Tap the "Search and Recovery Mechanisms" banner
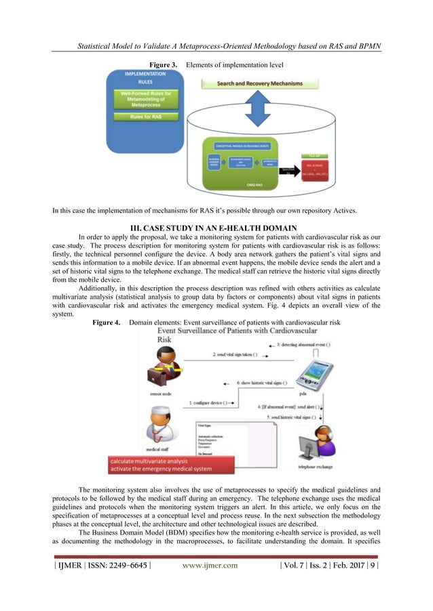260,84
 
